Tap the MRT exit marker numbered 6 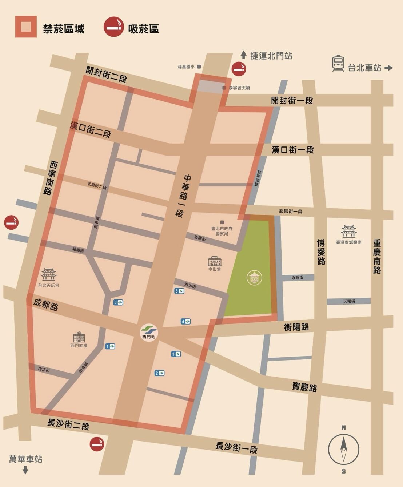pyautogui.click(x=118, y=302)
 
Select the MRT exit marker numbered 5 pyautogui.click(x=179, y=291)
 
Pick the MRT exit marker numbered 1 pyautogui.click(x=110, y=346)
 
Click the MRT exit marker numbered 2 pyautogui.click(x=159, y=373)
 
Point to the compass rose pyautogui.click(x=343, y=449)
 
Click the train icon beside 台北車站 pyautogui.click(x=338, y=63)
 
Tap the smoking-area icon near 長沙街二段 pyautogui.click(x=97, y=444)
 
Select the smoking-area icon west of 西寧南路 pyautogui.click(x=11, y=222)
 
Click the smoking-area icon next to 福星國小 pyautogui.click(x=239, y=69)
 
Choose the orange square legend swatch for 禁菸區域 pyautogui.click(x=26, y=27)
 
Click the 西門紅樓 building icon pyautogui.click(x=79, y=337)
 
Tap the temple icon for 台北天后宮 pyautogui.click(x=48, y=275)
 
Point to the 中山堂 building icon pyautogui.click(x=214, y=261)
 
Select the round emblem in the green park pyautogui.click(x=254, y=278)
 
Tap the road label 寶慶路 pyautogui.click(x=304, y=387)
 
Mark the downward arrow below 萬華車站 pyautogui.click(x=25, y=470)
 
